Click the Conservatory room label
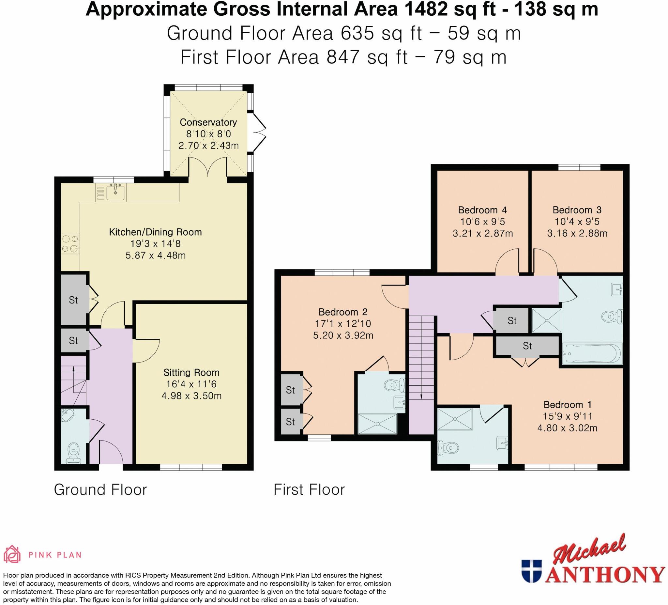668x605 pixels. (208, 122)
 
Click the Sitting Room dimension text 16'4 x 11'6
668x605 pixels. (191, 384)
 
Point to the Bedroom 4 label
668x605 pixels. (482, 210)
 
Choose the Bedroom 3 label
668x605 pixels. (577, 210)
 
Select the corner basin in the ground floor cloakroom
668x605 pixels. (67, 415)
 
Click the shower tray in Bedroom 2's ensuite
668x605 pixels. (377, 423)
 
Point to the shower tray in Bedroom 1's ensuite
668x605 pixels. (455, 419)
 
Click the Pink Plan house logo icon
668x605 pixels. (12, 554)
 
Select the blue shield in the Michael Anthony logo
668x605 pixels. (531, 571)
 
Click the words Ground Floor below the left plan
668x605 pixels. (100, 490)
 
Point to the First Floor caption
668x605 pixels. (309, 490)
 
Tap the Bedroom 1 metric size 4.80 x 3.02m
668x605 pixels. (567, 428)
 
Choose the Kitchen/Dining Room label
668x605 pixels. (155, 232)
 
